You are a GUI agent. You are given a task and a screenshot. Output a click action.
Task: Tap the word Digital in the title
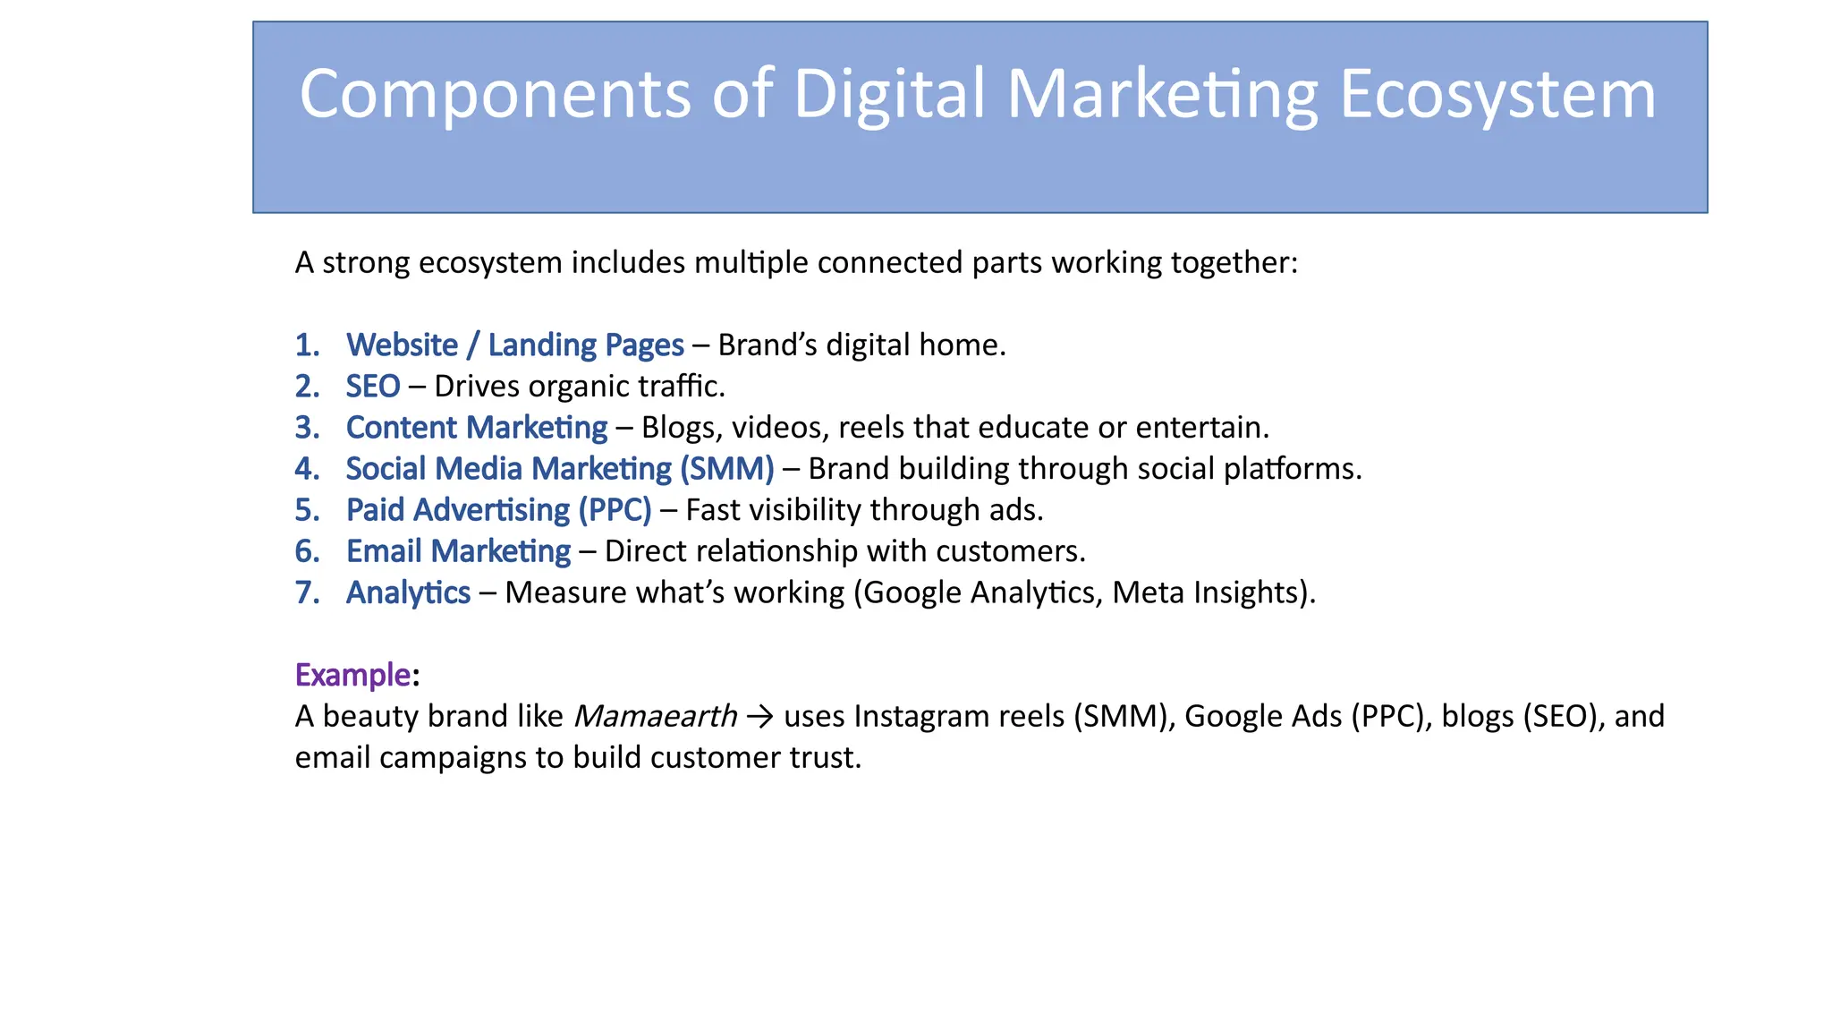[x=889, y=95]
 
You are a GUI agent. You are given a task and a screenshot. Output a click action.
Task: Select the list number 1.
[x=307, y=345]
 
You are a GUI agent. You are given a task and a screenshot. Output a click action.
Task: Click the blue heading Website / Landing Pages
[x=515, y=345]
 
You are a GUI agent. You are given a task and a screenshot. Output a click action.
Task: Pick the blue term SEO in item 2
[x=373, y=387]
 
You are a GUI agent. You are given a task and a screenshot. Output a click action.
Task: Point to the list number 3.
[x=307, y=428]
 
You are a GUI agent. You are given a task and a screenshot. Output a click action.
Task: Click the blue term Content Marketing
[x=477, y=428]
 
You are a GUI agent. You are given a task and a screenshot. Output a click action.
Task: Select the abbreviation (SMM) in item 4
[x=726, y=469]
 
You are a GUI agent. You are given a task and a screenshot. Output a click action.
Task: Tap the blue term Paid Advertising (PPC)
[x=499, y=510]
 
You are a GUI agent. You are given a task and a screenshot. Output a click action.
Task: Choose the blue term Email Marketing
[x=458, y=551]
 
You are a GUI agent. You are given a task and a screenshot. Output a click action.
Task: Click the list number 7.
[x=307, y=592]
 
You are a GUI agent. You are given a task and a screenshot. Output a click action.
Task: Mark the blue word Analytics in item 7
[x=408, y=592]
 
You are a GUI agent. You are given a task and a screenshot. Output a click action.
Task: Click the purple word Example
[x=352, y=675]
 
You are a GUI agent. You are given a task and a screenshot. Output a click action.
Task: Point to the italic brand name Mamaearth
[x=655, y=716]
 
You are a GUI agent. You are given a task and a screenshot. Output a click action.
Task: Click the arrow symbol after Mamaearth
[x=760, y=716]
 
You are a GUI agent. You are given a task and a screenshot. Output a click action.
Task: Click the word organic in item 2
[x=578, y=387]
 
